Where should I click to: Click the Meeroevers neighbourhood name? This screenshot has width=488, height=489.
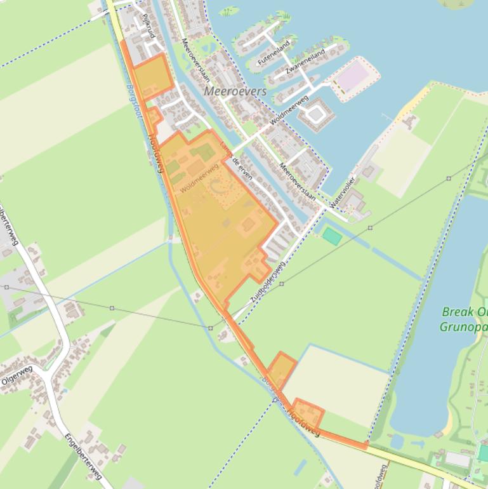pos(235,91)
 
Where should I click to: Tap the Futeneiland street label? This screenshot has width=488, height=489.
pos(274,53)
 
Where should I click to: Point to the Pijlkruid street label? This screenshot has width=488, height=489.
pos(148,25)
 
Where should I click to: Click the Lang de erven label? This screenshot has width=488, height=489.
pos(235,162)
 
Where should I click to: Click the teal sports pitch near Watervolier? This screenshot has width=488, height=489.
pos(331,237)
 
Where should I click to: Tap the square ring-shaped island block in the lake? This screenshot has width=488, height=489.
pos(315,115)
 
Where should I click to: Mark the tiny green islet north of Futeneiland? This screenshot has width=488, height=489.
pos(228,11)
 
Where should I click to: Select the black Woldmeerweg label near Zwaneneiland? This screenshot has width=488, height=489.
pos(289,110)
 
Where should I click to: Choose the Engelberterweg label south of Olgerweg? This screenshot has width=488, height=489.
pos(83,457)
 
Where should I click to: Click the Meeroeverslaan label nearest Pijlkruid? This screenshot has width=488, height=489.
pos(196,61)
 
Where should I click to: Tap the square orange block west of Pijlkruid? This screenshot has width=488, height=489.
pos(152,77)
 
